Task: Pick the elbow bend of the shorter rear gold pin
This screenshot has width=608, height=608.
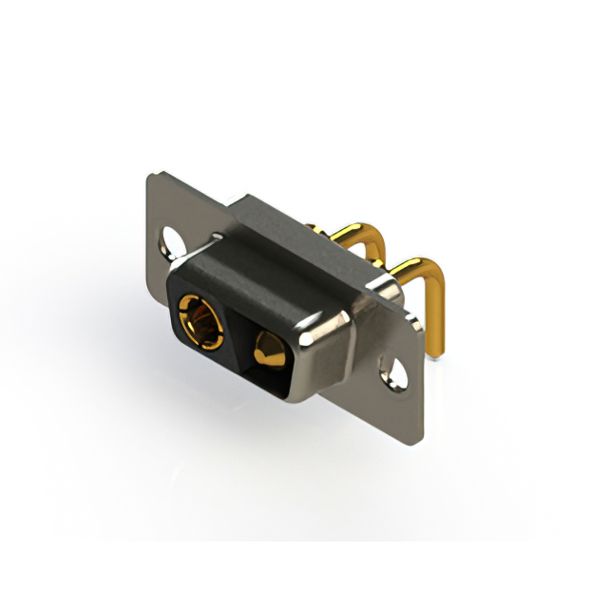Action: point(372,237)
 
